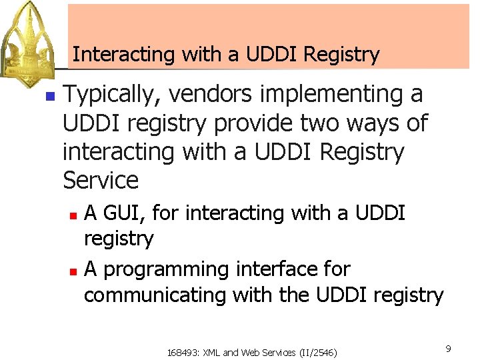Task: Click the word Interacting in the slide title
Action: pos(109,54)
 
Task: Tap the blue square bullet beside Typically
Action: pos(48,96)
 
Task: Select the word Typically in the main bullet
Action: pos(110,95)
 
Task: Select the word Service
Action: pos(101,181)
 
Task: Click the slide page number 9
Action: pos(449,348)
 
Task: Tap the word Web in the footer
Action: pos(248,351)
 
